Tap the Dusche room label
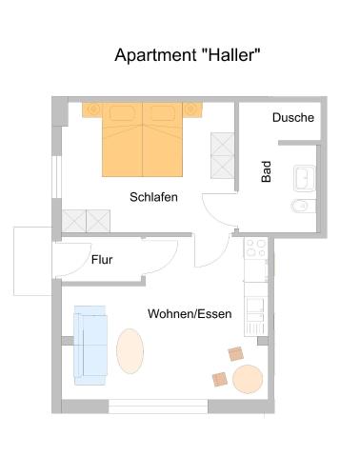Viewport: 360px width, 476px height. (x=293, y=118)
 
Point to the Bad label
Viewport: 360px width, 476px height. (x=266, y=171)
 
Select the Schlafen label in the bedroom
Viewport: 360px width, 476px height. (x=153, y=197)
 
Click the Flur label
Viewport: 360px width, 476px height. (x=102, y=260)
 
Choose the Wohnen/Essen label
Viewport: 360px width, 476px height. (x=190, y=314)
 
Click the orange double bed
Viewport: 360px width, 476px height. (x=142, y=139)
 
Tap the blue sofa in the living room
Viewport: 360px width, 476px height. (x=90, y=346)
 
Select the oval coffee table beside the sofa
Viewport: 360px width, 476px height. (x=130, y=351)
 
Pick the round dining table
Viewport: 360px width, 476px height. (x=248, y=379)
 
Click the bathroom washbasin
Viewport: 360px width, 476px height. (x=305, y=178)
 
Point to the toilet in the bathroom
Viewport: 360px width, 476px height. (x=303, y=207)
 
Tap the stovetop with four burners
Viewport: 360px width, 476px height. (x=256, y=248)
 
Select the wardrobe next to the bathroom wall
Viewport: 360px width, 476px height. (x=223, y=155)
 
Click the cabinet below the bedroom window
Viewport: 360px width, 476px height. (x=86, y=221)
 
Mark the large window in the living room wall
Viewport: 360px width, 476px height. (x=158, y=407)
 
